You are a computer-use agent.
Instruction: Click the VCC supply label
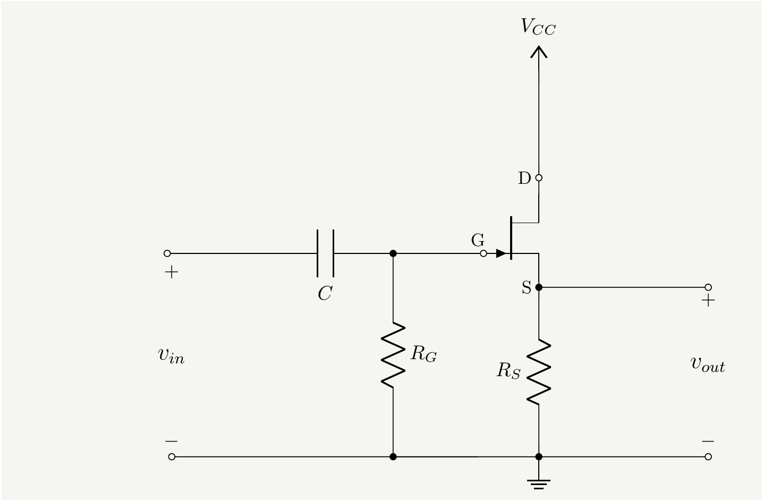tap(538, 27)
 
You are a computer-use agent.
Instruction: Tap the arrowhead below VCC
tap(539, 52)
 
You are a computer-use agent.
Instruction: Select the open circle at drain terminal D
tap(539, 178)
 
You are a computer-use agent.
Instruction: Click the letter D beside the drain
tap(524, 179)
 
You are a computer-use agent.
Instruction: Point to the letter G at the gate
tap(478, 241)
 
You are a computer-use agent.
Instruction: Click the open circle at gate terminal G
tap(484, 253)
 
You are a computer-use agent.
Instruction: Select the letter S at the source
tap(526, 288)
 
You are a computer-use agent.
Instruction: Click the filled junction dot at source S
tap(539, 287)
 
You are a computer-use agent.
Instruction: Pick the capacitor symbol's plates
tap(325, 253)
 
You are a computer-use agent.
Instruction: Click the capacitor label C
tap(325, 293)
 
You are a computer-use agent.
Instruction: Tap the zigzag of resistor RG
tap(393, 355)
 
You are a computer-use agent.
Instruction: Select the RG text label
tap(423, 354)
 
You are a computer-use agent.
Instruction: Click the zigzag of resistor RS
tap(539, 372)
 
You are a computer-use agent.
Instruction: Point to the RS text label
tap(508, 371)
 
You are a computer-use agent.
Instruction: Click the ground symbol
tap(539, 482)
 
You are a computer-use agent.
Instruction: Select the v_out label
tap(707, 364)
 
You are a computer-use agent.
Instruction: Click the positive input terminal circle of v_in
tap(167, 253)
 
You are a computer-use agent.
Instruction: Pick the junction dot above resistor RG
tap(393, 253)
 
